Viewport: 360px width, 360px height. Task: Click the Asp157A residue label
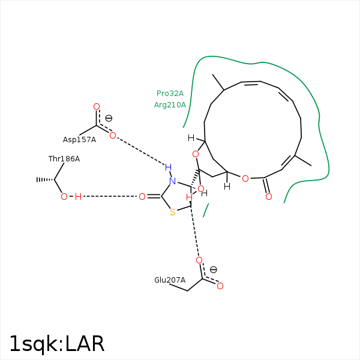click(x=79, y=140)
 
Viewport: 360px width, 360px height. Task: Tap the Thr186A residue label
click(x=64, y=158)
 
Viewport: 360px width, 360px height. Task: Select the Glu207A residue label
click(x=170, y=280)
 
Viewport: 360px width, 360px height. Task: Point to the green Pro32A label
click(x=170, y=94)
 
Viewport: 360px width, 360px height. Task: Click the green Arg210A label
click(x=170, y=105)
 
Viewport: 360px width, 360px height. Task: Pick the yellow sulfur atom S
click(x=173, y=212)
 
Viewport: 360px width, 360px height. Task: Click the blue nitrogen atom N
click(x=173, y=181)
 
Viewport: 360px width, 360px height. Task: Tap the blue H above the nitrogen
click(x=168, y=167)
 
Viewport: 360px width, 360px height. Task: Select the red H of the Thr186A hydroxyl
click(x=78, y=197)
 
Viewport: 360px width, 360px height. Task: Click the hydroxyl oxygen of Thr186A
click(x=64, y=197)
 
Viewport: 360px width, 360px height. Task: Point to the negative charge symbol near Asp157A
click(x=109, y=118)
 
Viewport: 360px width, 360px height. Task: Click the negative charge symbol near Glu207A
click(x=213, y=269)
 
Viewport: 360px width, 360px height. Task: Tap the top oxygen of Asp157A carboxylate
click(x=97, y=107)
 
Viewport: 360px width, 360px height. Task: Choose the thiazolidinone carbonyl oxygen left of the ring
click(x=142, y=197)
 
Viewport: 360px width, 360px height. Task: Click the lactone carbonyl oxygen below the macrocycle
click(x=269, y=197)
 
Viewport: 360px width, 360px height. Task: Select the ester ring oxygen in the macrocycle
click(x=245, y=179)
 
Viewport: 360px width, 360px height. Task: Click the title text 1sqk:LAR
click(x=57, y=344)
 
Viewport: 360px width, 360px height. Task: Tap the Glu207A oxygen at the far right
click(x=220, y=286)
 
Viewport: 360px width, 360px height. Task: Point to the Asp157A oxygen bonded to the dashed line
click(x=113, y=136)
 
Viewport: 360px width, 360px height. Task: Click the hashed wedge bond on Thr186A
click(x=45, y=179)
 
